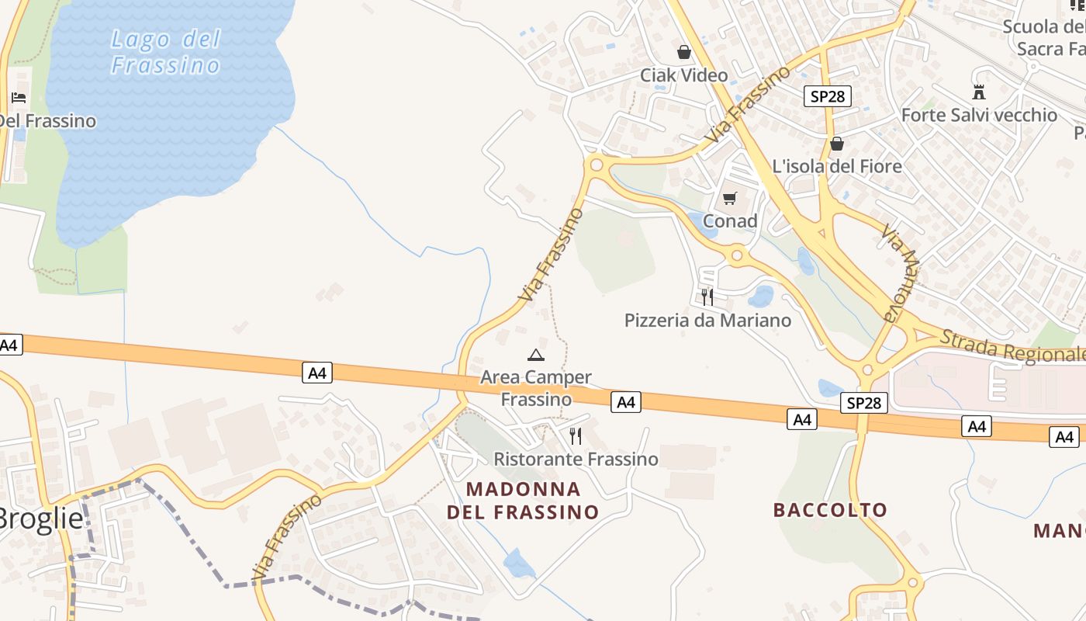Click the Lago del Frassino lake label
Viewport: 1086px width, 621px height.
(165, 52)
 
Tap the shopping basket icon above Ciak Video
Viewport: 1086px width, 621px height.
(684, 52)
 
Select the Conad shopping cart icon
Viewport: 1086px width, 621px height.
(729, 199)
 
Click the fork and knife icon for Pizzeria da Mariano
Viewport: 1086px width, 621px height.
(707, 297)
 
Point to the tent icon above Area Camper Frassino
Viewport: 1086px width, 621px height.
(535, 356)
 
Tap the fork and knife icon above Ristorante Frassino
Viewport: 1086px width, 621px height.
(575, 436)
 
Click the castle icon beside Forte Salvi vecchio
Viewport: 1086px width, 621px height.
(979, 92)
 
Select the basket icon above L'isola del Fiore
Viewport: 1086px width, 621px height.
(837, 144)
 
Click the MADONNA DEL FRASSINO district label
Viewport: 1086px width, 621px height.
(523, 501)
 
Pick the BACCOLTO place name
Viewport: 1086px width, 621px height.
(830, 510)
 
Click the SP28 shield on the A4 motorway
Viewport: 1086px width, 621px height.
(863, 403)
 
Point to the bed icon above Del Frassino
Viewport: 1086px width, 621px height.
(19, 98)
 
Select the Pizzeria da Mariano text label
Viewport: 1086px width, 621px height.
(707, 320)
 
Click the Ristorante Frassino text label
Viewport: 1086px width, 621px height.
(576, 459)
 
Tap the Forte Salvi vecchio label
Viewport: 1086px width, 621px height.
(979, 115)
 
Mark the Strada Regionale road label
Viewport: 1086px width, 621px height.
(1012, 346)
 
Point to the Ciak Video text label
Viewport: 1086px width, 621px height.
(683, 75)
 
